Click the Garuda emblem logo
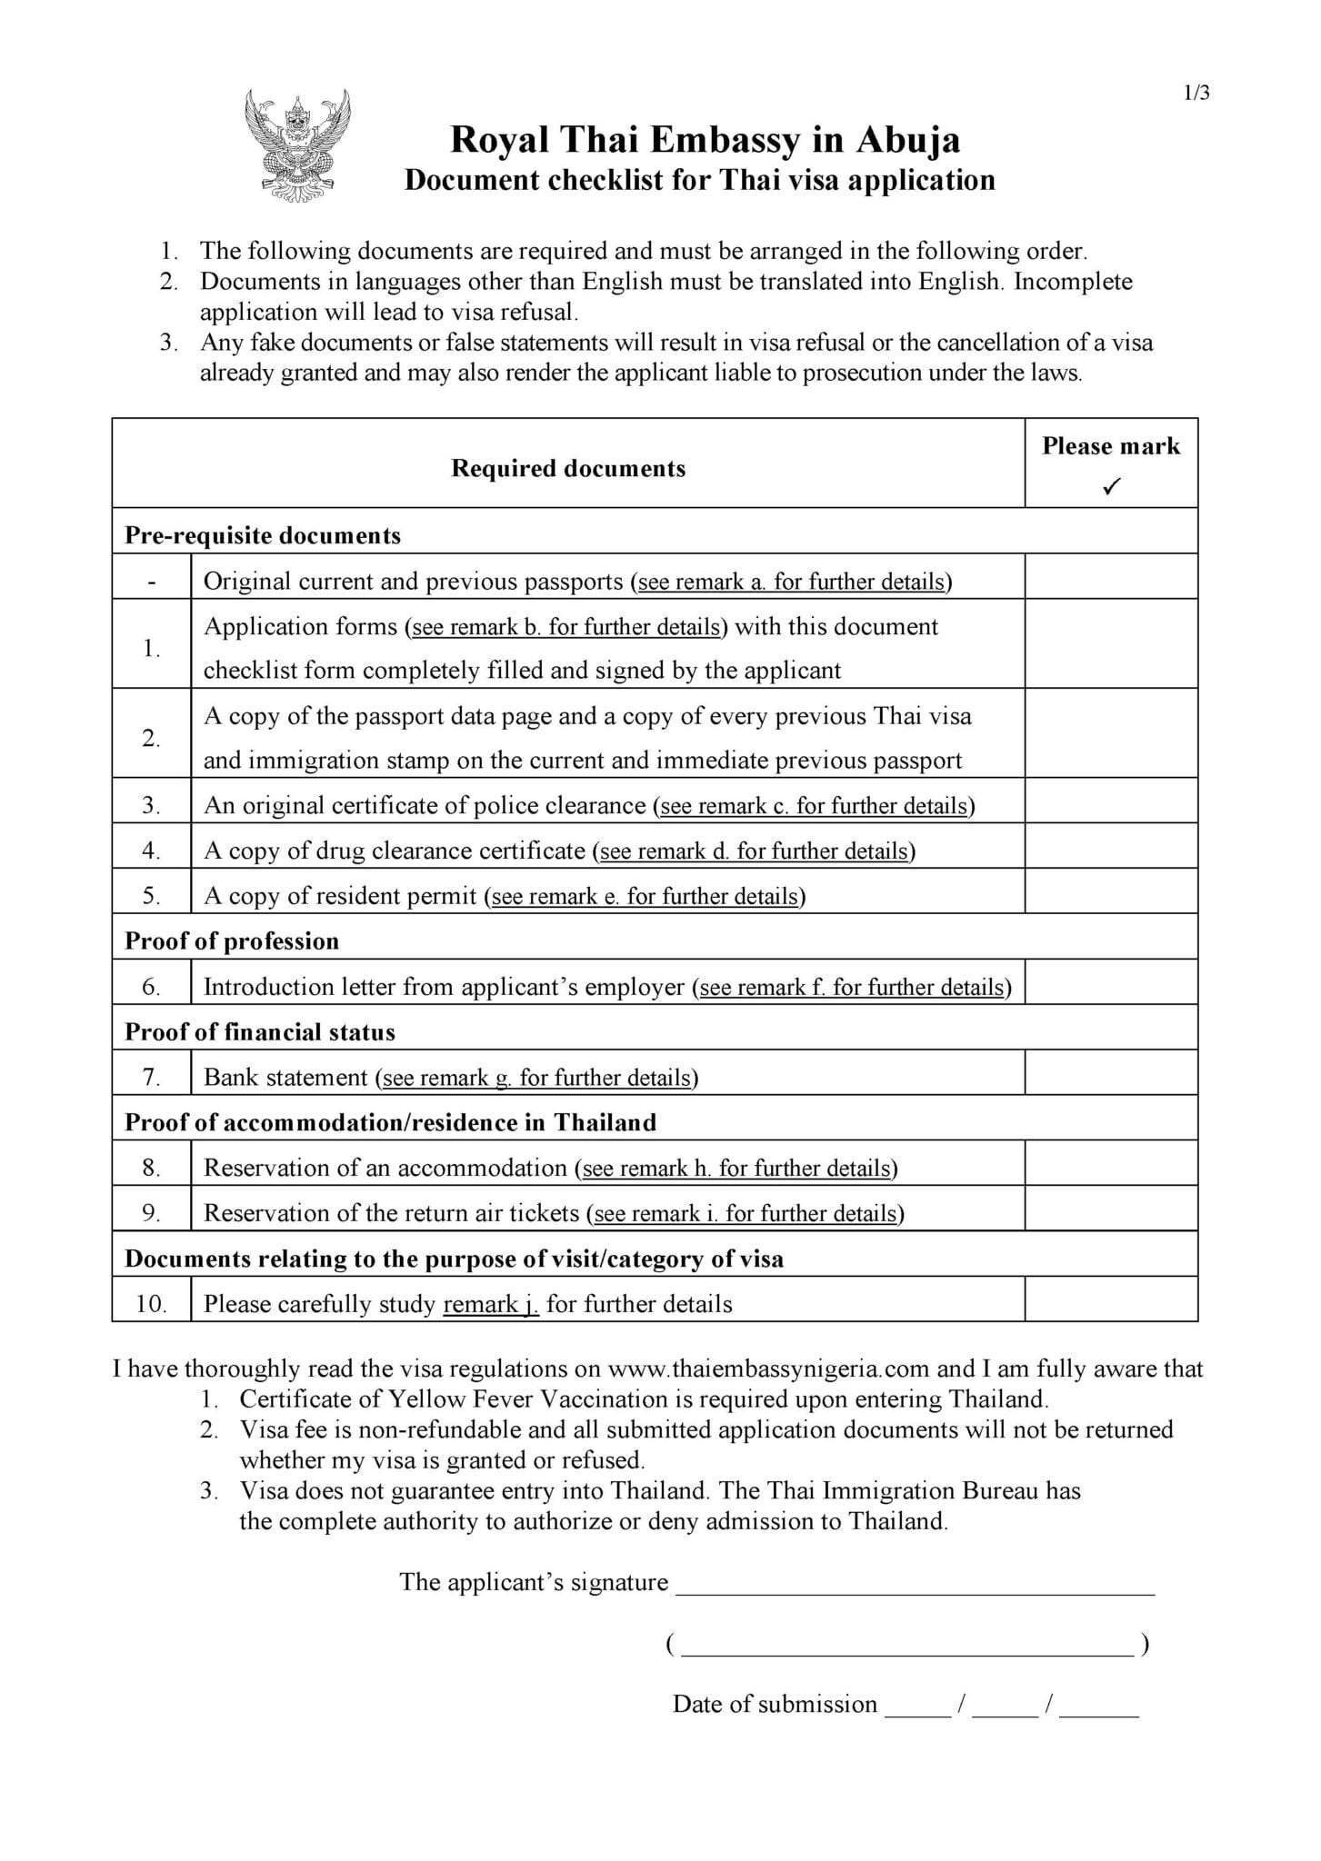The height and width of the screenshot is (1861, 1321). coord(297,145)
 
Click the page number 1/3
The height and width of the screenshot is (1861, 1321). coord(1196,93)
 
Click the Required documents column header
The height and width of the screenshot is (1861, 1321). coord(568,468)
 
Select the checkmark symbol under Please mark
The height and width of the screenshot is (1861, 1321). coord(1110,486)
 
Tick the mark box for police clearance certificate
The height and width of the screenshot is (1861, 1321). coord(1110,801)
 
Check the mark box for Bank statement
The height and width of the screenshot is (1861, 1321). coord(1110,1072)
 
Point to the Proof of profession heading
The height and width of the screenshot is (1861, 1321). coord(232,940)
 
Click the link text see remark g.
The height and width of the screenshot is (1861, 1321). coord(446,1078)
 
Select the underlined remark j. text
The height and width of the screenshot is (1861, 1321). coord(491,1304)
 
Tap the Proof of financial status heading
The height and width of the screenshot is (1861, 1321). coord(260,1031)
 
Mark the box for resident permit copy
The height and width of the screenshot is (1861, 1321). coord(1110,891)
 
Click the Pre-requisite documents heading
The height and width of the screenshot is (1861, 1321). coord(263,535)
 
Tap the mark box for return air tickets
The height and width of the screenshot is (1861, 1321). coord(1110,1209)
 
